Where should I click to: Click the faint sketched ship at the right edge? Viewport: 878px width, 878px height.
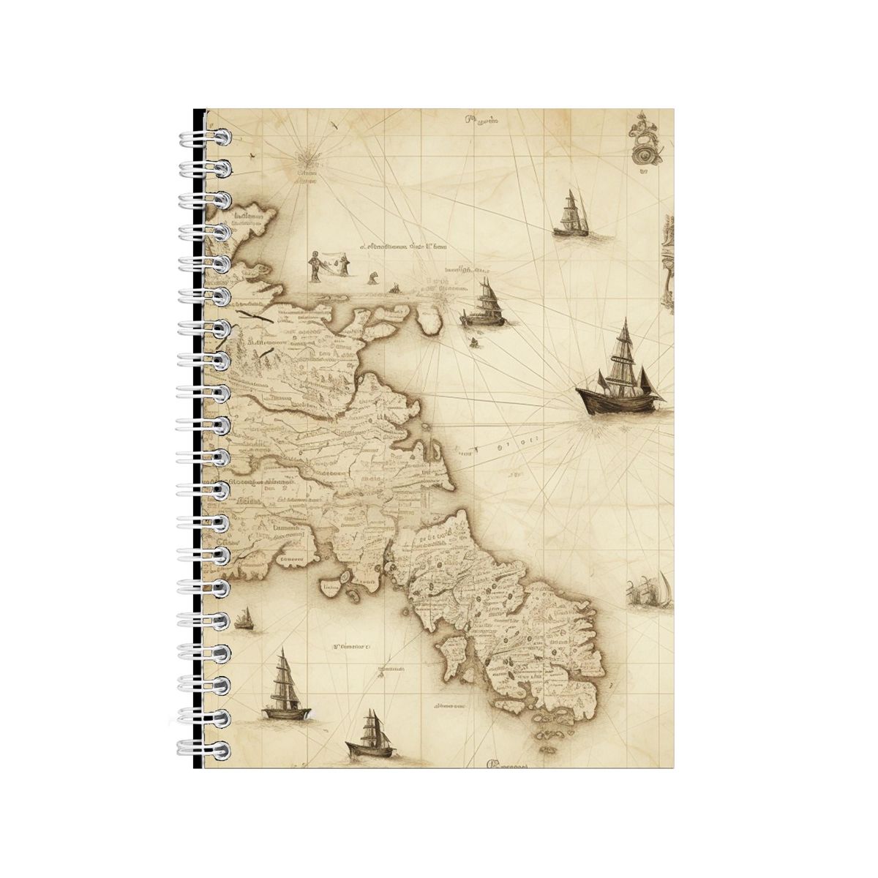(x=650, y=590)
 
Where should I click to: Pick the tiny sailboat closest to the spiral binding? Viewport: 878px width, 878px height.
(x=245, y=620)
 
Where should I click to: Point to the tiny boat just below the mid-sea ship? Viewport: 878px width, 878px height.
(x=473, y=342)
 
